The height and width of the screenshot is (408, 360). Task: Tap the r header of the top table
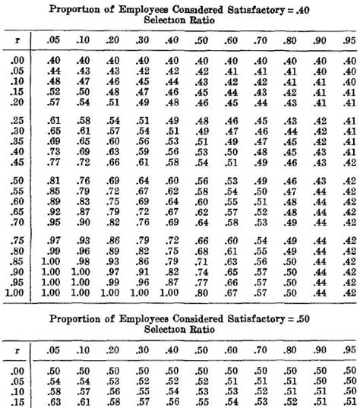pos(17,38)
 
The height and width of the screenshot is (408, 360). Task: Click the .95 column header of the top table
pos(348,38)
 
